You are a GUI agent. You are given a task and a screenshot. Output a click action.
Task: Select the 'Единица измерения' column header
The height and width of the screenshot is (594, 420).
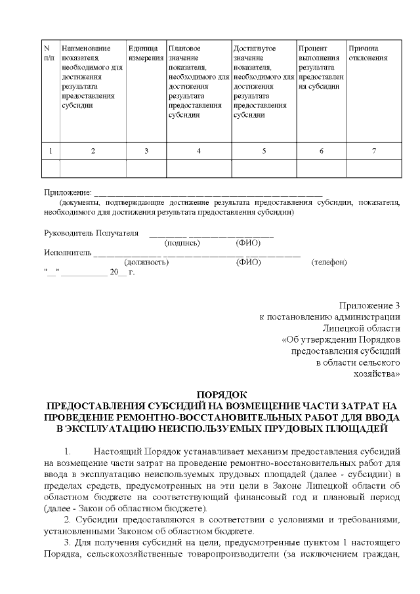145,53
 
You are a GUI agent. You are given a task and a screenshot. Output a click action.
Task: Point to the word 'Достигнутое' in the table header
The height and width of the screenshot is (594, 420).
254,49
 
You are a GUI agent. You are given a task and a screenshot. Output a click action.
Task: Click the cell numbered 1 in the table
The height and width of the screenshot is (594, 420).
51,151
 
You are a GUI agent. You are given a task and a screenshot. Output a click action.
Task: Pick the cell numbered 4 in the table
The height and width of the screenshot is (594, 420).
198,151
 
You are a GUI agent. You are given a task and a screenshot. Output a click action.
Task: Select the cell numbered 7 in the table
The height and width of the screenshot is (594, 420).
373,151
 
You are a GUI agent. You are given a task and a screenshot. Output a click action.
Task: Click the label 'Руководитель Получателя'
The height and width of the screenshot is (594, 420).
91,233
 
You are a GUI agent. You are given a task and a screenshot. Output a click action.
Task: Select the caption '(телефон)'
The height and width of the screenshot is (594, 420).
329,262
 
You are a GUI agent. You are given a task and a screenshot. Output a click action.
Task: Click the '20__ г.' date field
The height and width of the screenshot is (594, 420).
122,271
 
